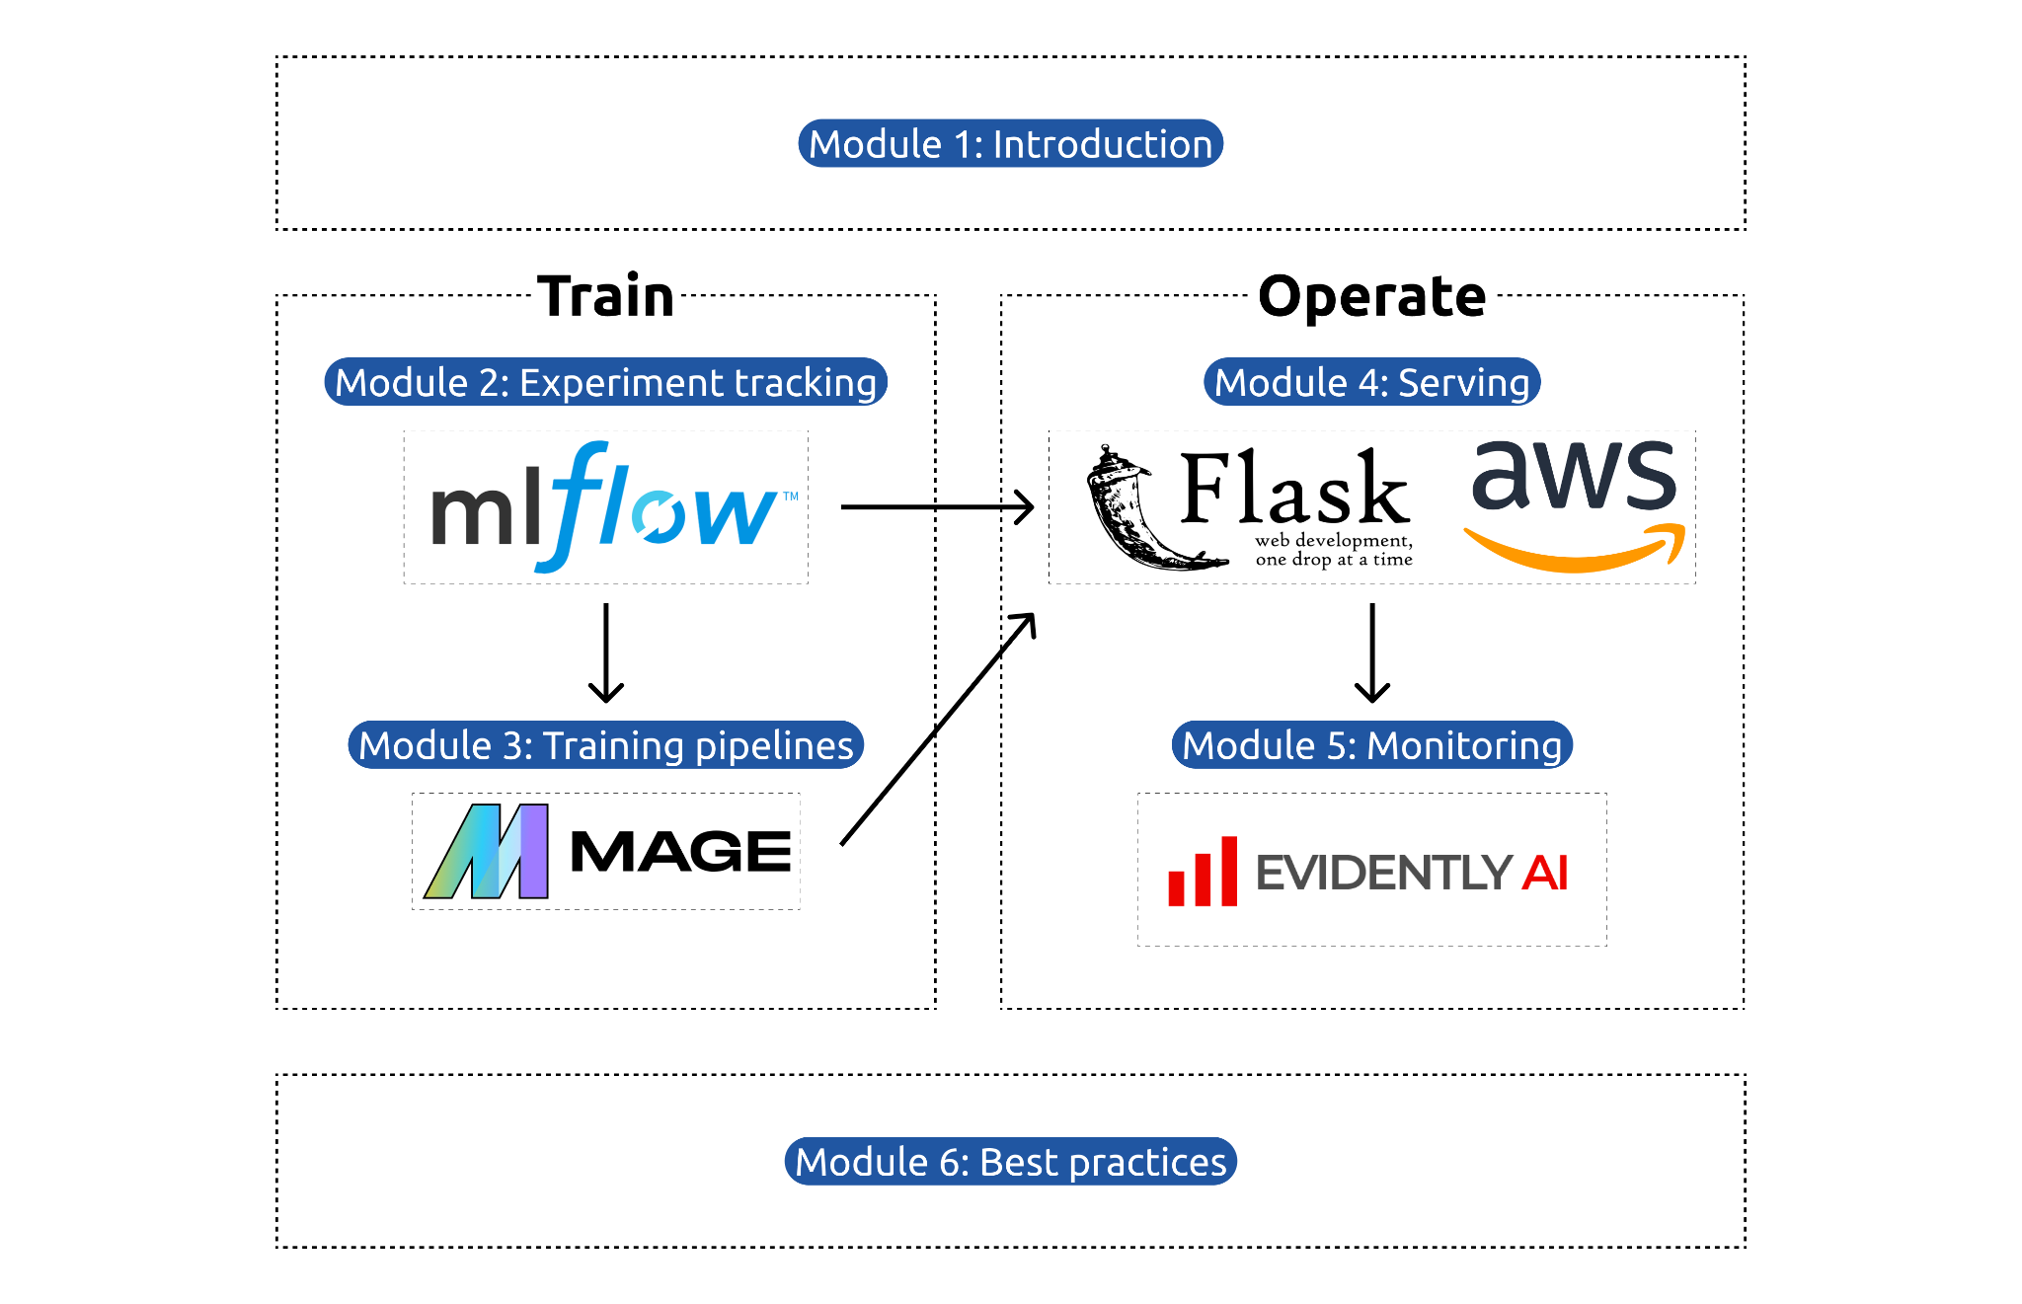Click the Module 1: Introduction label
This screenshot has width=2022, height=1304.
pos(1010,144)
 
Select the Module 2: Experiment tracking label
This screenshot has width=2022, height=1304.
pos(605,382)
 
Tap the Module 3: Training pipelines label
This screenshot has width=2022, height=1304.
pos(605,745)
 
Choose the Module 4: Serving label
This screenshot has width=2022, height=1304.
pos(1371,382)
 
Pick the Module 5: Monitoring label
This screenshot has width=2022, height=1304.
pos(1371,745)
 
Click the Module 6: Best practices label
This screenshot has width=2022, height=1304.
pos(1010,1162)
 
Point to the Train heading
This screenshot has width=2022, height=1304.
pos(605,296)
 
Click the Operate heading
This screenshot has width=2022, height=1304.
pos(1371,296)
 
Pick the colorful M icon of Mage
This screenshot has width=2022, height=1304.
pos(487,851)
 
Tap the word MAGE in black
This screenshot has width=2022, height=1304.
pos(680,851)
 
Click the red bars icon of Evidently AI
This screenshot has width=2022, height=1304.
pos(1203,872)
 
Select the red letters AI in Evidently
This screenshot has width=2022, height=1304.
pos(1544,873)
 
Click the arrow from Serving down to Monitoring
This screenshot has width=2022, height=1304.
pos(1372,652)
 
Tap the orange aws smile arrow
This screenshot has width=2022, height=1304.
pos(1574,553)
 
